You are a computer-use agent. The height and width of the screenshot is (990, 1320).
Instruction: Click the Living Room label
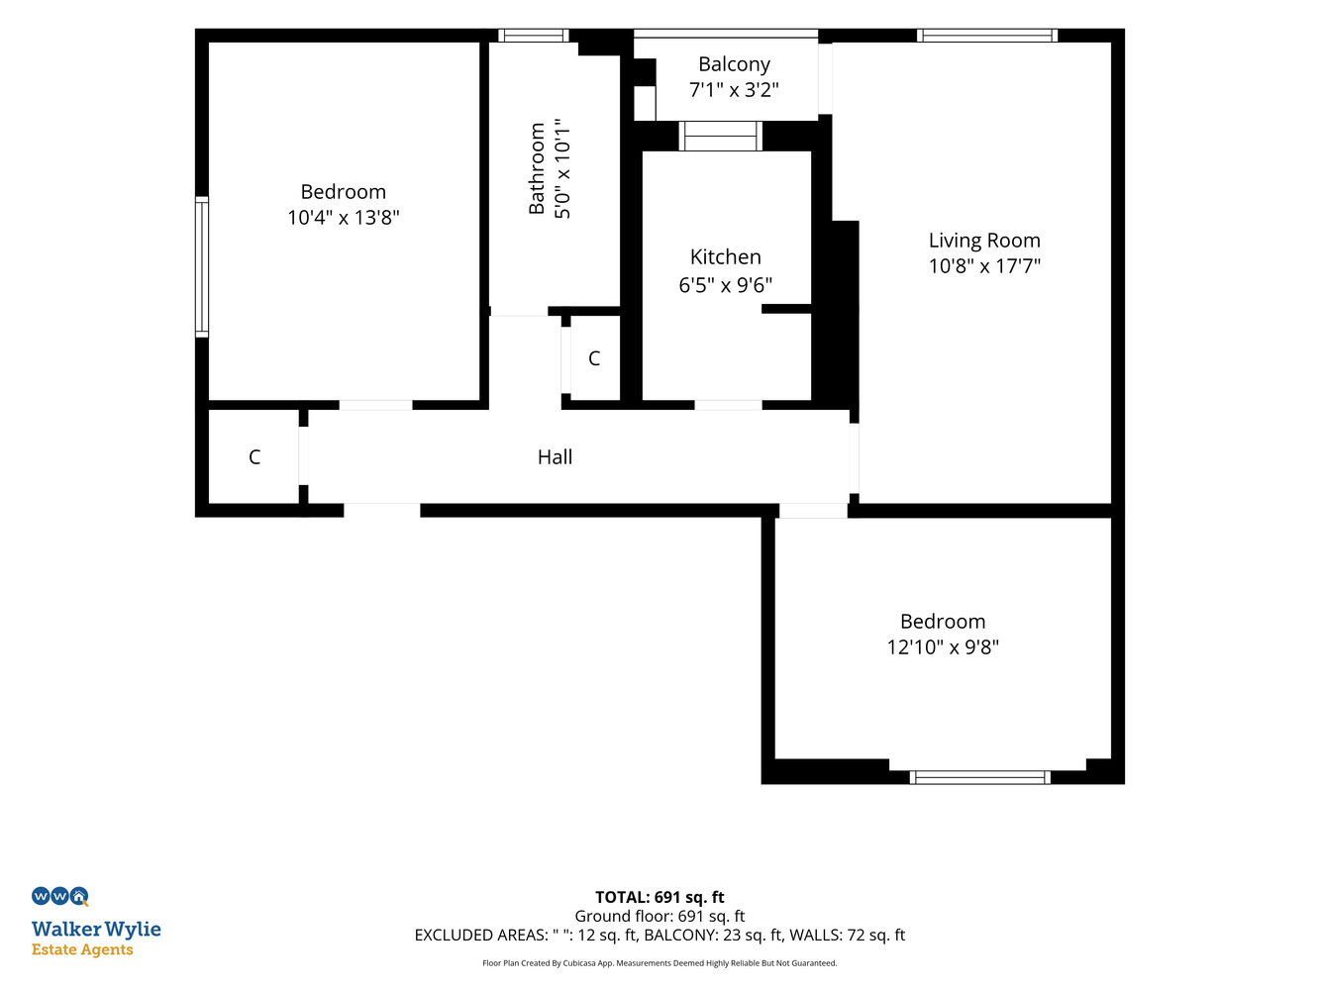click(x=984, y=241)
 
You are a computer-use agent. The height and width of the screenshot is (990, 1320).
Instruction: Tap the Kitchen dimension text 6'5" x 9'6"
click(x=725, y=285)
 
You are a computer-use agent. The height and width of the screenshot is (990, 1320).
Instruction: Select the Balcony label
click(x=734, y=64)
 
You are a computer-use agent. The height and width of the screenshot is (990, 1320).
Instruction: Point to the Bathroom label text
click(x=537, y=168)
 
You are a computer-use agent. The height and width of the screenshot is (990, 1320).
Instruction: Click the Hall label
click(x=555, y=456)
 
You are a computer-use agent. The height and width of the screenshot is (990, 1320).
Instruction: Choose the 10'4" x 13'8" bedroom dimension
click(x=343, y=217)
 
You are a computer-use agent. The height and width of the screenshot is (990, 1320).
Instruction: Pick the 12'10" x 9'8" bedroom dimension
click(x=943, y=646)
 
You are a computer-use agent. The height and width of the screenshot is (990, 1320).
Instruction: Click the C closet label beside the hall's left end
click(x=254, y=456)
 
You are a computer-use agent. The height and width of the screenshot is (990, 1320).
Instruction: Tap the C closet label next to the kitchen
click(x=593, y=358)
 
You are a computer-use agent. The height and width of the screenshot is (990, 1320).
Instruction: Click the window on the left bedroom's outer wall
click(x=202, y=267)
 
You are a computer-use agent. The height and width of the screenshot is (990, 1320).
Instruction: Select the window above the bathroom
click(x=534, y=36)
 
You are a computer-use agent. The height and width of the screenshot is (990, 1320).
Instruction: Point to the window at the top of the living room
click(x=987, y=36)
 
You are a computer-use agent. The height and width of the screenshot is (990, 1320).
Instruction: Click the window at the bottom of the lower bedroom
click(x=979, y=777)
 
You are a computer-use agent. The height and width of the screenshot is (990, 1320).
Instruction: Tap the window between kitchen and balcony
click(x=721, y=136)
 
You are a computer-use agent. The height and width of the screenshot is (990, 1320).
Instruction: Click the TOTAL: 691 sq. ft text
click(x=660, y=897)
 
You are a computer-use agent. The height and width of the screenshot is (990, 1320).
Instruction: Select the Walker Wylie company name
click(x=96, y=930)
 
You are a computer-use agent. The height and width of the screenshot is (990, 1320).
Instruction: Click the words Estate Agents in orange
click(x=82, y=949)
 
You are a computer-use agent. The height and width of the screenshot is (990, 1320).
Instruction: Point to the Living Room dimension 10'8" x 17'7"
click(x=984, y=265)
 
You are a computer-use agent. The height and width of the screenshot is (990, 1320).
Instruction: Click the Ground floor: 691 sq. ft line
click(x=660, y=916)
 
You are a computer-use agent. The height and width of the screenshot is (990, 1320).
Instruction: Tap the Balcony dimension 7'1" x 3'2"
click(x=734, y=89)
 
